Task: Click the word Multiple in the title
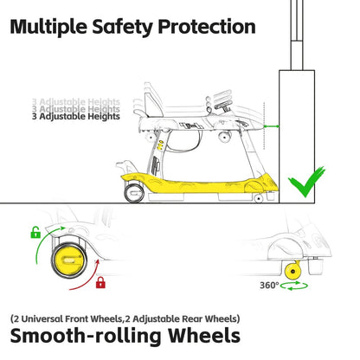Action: click(x=48, y=27)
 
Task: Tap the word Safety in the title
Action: click(x=122, y=28)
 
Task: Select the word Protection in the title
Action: click(x=207, y=27)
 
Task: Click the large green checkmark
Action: click(x=306, y=183)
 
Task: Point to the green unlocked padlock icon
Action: click(x=35, y=233)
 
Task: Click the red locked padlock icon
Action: click(x=100, y=282)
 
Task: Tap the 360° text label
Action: click(x=269, y=286)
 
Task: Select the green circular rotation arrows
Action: click(x=294, y=286)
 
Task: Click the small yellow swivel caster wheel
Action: click(x=293, y=271)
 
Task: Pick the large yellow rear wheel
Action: click(x=68, y=260)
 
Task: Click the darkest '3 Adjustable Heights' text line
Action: click(x=76, y=116)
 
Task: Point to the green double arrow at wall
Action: click(x=272, y=126)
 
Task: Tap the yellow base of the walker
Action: click(x=200, y=183)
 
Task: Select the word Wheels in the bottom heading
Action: click(x=204, y=335)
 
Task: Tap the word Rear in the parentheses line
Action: click(x=192, y=318)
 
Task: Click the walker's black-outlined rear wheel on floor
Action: click(x=134, y=193)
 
